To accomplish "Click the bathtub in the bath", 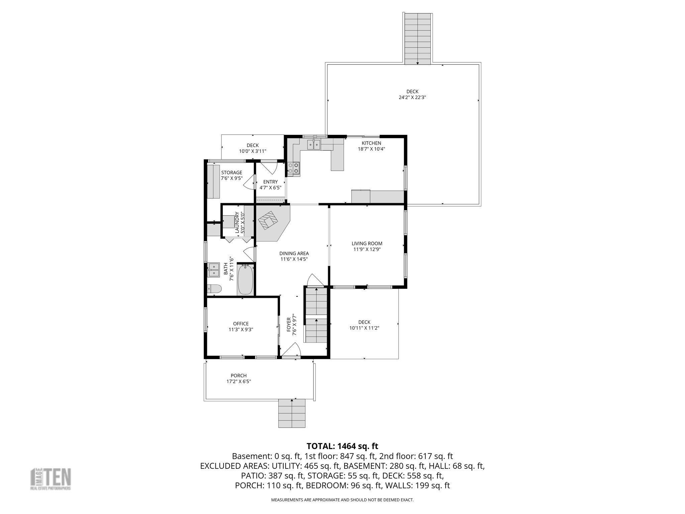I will tap(246, 279).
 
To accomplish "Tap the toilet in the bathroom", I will tap(214, 289).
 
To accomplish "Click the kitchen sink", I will tap(314, 145).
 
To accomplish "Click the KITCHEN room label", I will tap(371, 143).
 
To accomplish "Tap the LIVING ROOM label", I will tap(367, 244).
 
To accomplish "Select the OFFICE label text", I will tap(241, 324).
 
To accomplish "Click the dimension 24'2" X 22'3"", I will tap(412, 98).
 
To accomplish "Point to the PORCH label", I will tap(238, 375).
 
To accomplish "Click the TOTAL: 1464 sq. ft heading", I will tap(342, 446).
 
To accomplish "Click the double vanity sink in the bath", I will tap(213, 270).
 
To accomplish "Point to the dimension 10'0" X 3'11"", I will tap(253, 151).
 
